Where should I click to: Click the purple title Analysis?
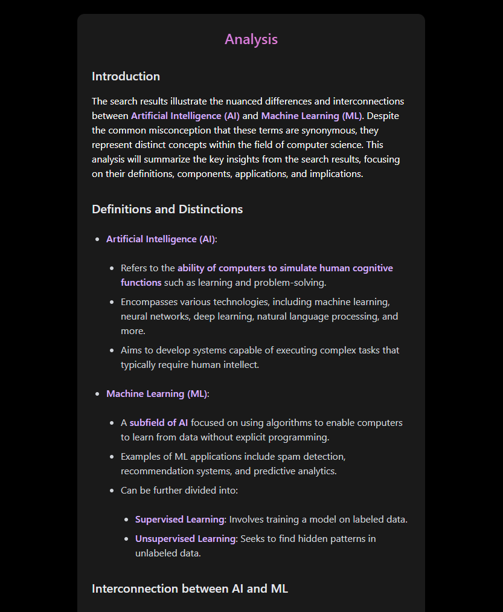251,39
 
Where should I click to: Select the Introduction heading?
126,76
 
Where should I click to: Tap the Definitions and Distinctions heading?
167,209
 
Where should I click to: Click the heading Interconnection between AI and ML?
190,588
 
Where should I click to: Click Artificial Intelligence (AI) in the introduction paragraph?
185,115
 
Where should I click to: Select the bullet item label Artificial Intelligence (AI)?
161,239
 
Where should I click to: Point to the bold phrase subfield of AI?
159,423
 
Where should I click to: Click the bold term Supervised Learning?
180,520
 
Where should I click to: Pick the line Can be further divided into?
179,491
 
